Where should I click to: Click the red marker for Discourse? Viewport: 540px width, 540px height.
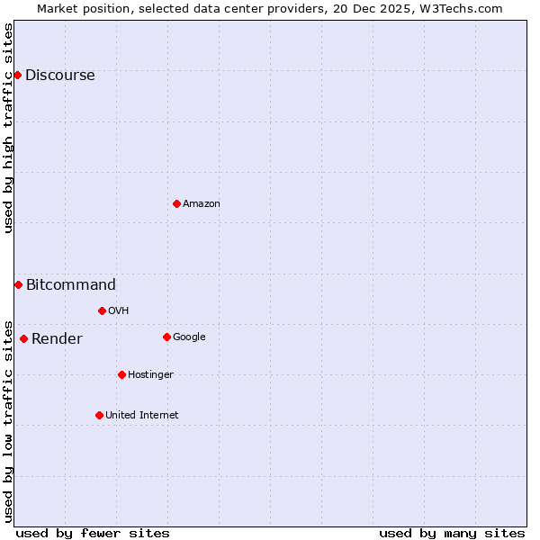tap(17, 75)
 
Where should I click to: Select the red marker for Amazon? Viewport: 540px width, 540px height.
tap(176, 203)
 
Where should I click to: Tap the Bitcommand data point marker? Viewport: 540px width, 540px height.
tap(18, 284)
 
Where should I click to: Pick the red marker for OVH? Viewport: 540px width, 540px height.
tap(102, 310)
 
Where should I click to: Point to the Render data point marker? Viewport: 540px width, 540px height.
tap(23, 338)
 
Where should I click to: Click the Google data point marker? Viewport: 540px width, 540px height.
tap(166, 337)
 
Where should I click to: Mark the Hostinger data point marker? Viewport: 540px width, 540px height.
tap(121, 374)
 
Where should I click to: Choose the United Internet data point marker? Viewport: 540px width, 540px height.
tap(99, 415)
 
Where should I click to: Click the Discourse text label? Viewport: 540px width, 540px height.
tap(60, 76)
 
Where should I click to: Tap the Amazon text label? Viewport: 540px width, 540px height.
tap(202, 204)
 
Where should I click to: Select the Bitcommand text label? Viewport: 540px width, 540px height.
tap(71, 285)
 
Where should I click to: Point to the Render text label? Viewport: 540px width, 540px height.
tap(57, 339)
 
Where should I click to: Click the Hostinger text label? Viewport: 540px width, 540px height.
tap(150, 375)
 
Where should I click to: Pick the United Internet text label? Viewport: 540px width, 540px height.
tap(142, 416)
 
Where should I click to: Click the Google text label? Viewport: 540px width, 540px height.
tap(189, 337)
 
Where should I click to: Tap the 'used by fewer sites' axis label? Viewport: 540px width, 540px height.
tap(93, 533)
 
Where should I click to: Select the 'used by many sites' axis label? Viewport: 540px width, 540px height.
tap(452, 533)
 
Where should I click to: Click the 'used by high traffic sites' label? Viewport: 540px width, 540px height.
tap(8, 128)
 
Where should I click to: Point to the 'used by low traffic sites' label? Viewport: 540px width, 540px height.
tap(8, 420)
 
